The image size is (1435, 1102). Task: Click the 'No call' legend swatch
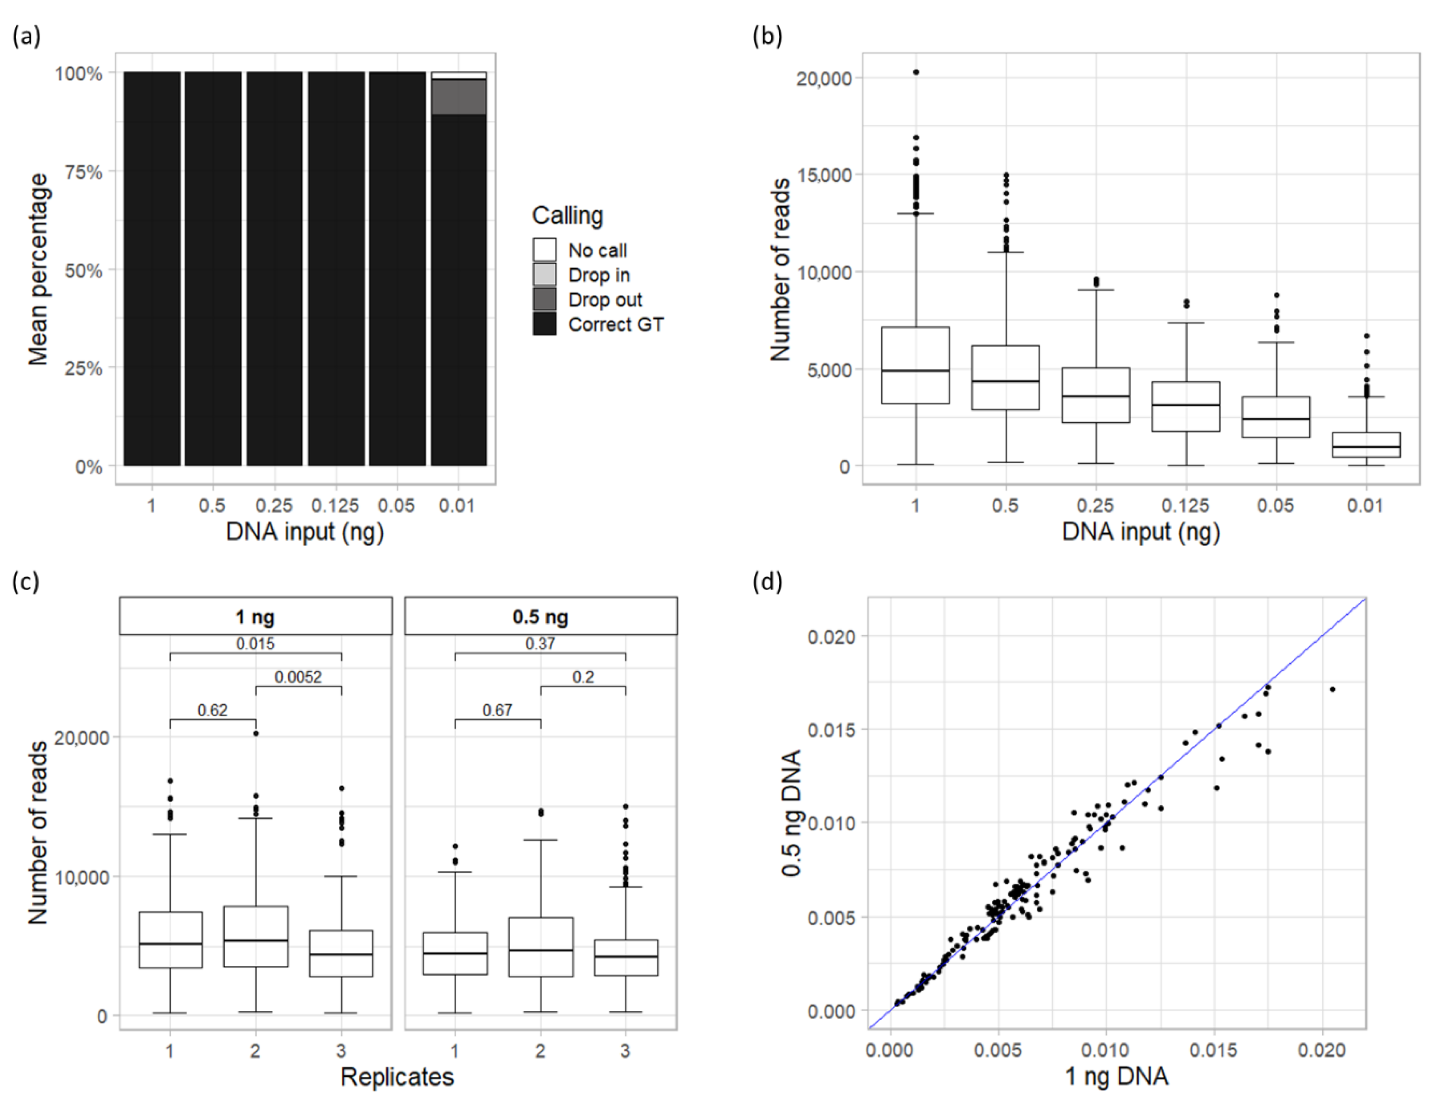(544, 250)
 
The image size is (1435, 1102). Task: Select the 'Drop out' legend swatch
(544, 299)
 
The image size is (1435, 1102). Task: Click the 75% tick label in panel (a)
(83, 172)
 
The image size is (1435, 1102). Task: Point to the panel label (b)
(767, 36)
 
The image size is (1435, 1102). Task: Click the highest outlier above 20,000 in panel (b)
(916, 72)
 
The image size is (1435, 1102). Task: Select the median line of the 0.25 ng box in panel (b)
(1095, 396)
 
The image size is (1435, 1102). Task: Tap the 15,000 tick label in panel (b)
(824, 175)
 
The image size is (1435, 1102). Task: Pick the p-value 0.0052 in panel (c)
(298, 677)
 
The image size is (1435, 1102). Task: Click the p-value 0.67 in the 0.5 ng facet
(498, 710)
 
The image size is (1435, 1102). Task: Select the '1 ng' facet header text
(255, 617)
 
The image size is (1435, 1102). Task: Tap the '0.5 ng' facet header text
(540, 617)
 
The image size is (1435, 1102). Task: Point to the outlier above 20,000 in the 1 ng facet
(256, 733)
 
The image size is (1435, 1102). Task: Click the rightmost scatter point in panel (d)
(1332, 689)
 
